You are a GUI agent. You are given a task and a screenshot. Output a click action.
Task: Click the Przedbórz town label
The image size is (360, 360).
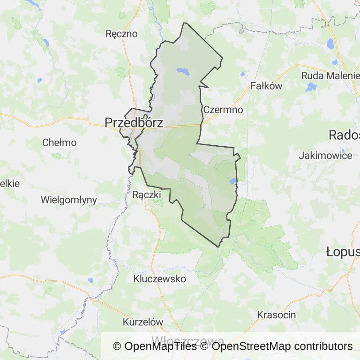pos(134,123)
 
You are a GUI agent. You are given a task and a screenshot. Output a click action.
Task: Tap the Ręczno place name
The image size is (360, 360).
pos(122,34)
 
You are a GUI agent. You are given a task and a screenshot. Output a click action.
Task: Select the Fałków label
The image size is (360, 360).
pos(266,86)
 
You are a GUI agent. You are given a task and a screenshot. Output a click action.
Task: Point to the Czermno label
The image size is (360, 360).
pos(223,110)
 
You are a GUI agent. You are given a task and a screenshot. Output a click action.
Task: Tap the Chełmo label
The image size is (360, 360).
pos(59,142)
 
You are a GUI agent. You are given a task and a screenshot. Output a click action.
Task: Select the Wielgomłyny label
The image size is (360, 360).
pos(69,200)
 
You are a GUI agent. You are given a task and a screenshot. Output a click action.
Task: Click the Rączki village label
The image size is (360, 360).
pos(147,194)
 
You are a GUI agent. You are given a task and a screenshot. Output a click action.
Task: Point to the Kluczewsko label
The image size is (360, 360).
pos(159,279)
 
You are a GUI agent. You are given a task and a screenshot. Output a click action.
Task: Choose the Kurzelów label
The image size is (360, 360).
pos(143,322)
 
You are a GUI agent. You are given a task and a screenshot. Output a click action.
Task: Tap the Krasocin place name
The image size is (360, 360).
pos(277,315)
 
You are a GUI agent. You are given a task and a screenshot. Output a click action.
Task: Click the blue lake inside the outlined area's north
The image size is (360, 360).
pos(183,72)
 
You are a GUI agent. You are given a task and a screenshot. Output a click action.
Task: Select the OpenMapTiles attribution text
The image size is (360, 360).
pos(155,346)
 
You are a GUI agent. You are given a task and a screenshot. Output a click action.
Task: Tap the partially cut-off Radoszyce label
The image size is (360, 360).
pos(344,135)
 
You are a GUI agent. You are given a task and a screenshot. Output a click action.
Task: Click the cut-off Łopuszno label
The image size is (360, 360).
pos(343,252)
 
